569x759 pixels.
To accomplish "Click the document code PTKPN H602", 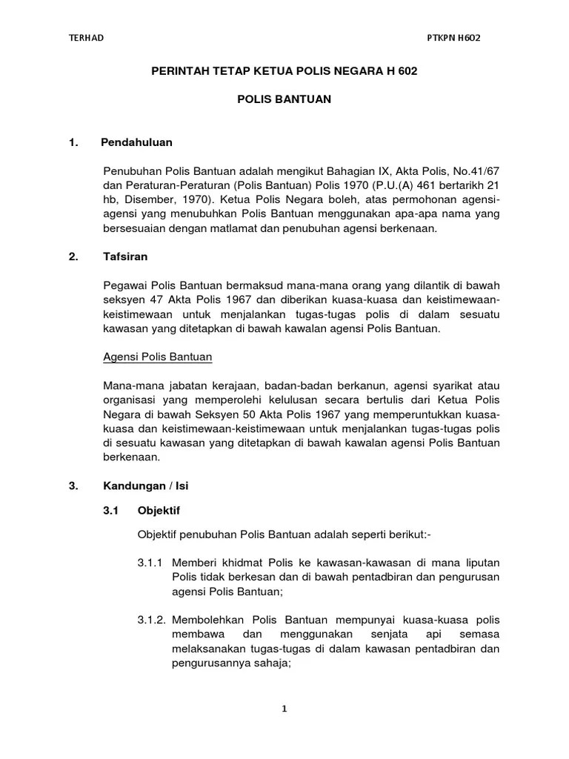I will (x=454, y=39).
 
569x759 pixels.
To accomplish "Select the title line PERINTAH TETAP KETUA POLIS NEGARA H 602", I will (x=290, y=71).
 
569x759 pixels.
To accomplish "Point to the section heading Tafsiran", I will (x=125, y=256).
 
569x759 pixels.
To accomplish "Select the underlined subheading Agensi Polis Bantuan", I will (x=157, y=357).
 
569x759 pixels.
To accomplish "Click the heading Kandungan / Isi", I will (x=147, y=486).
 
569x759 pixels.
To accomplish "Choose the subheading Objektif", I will (x=159, y=511).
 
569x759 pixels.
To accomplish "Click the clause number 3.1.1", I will (x=151, y=563).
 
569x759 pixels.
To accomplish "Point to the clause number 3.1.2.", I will (x=153, y=620).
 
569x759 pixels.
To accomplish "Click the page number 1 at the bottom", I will (x=284, y=709).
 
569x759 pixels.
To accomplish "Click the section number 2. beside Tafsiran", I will (x=73, y=256).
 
